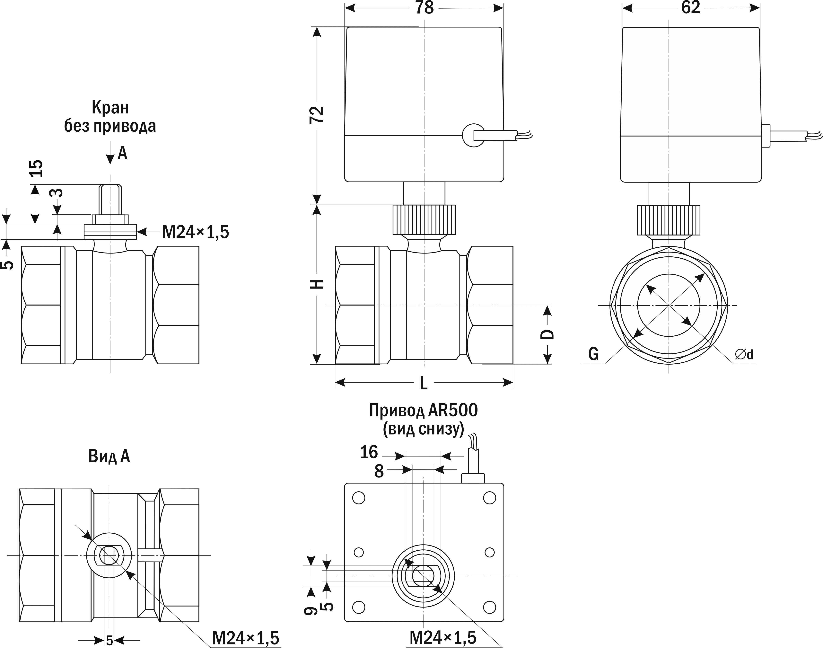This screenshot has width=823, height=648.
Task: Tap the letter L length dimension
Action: pos(424,384)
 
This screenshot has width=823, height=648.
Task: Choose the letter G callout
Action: pos(593,354)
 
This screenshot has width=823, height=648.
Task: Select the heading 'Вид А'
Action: pos(109,456)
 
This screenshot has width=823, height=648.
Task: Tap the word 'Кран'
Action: pos(110,108)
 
